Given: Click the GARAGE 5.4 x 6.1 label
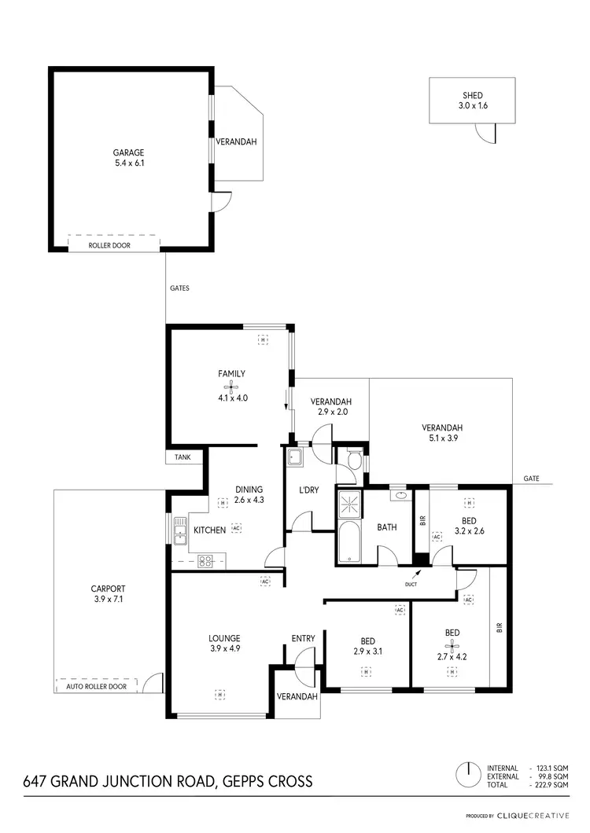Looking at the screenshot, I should [129, 158].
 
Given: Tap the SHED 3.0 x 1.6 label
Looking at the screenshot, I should [472, 100].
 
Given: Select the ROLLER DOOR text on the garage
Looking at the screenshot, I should [110, 245].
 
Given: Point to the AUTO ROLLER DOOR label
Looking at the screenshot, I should [96, 686].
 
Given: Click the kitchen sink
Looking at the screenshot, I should [179, 529].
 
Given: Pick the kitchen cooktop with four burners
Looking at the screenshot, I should [206, 560].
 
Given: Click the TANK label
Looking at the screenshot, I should [183, 457].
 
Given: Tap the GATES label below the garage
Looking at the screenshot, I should [179, 288].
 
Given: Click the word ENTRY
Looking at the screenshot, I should [303, 638].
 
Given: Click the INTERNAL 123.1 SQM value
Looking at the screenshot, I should [550, 767].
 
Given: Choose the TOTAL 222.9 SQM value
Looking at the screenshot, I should [550, 784].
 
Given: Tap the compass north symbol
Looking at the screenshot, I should [467, 775].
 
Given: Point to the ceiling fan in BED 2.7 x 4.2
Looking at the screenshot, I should [452, 649].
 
